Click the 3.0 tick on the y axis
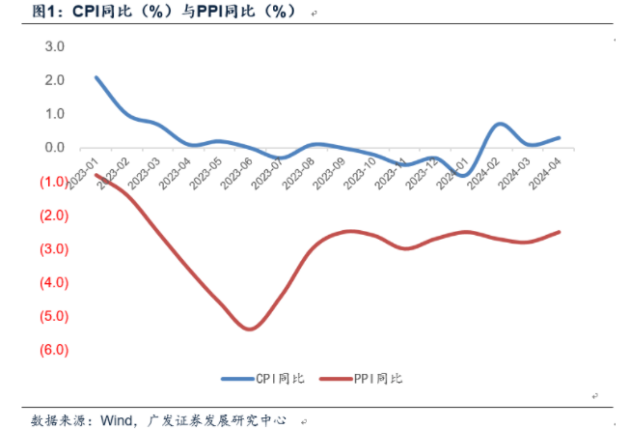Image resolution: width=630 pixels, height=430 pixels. (x=54, y=46)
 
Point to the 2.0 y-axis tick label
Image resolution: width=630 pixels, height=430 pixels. (x=54, y=80)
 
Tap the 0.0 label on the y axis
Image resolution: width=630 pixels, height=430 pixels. (x=54, y=148)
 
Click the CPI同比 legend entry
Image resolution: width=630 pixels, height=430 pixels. (x=261, y=379)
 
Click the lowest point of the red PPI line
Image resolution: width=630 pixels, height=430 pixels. (x=250, y=330)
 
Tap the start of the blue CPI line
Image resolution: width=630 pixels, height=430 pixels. (x=96, y=77)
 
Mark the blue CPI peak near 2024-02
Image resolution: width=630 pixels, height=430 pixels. (x=499, y=124)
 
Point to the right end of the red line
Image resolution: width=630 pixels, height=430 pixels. (x=560, y=232)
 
